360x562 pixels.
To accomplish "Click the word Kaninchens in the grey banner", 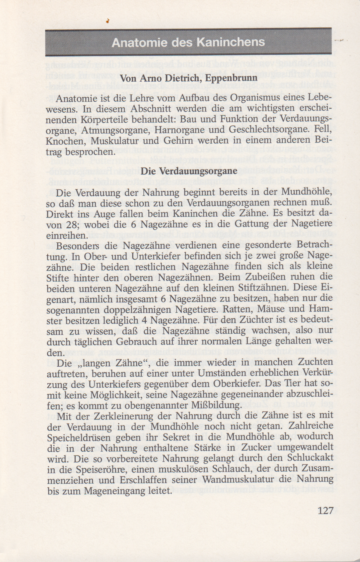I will [231, 42].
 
